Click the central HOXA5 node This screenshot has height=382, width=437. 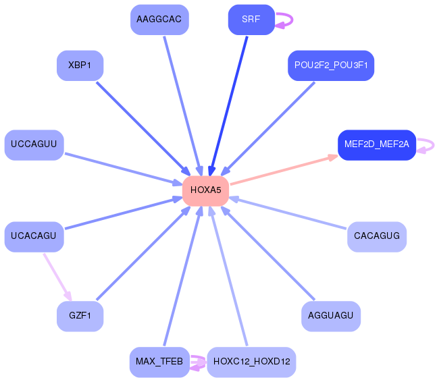pos(205,190)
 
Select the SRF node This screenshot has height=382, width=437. pos(251,20)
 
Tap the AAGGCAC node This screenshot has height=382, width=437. pos(159,20)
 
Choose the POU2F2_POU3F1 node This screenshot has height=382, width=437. pos(331,66)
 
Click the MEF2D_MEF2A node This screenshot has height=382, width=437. pos(376,144)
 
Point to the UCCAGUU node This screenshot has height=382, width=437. pos(34,144)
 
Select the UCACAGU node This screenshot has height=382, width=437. pos(34,237)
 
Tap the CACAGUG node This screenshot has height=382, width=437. pos(377,237)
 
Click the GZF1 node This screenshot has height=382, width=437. pos(80,316)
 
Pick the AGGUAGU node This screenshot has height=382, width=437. pos(331,316)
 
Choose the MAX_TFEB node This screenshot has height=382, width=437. pos(159,362)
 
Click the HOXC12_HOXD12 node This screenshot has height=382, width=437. pos(251,362)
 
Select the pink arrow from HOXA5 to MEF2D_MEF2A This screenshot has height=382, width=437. pos(284,169)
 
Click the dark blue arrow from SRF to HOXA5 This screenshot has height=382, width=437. pos(230,101)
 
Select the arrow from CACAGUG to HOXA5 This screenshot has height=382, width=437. pos(290,213)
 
